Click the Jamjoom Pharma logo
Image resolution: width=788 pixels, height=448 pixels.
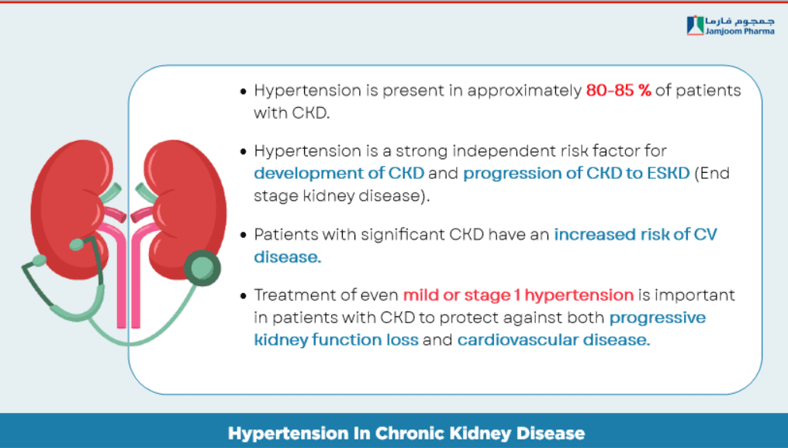coord(730,25)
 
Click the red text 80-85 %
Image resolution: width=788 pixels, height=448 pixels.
coord(619,91)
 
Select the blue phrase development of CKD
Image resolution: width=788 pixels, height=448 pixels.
coord(339,174)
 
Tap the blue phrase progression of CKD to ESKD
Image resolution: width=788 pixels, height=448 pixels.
coord(576,174)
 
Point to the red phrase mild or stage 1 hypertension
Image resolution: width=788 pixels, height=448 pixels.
coord(518,295)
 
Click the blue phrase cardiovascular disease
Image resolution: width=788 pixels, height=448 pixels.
coord(553,340)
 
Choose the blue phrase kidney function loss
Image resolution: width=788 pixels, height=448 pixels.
coord(336,340)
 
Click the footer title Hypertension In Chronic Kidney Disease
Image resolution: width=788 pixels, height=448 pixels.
coord(406,433)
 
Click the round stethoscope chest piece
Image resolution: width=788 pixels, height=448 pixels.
coord(202,267)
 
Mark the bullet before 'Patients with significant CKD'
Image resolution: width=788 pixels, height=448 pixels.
coord(244,235)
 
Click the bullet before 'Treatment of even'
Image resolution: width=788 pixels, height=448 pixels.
coord(244,295)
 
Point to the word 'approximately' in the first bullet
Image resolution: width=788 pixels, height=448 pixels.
coord(524,91)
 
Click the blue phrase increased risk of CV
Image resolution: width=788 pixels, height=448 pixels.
coord(636,235)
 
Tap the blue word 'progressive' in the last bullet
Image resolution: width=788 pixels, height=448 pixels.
coord(658,318)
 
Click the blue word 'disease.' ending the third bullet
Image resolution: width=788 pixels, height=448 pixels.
coord(288,257)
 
